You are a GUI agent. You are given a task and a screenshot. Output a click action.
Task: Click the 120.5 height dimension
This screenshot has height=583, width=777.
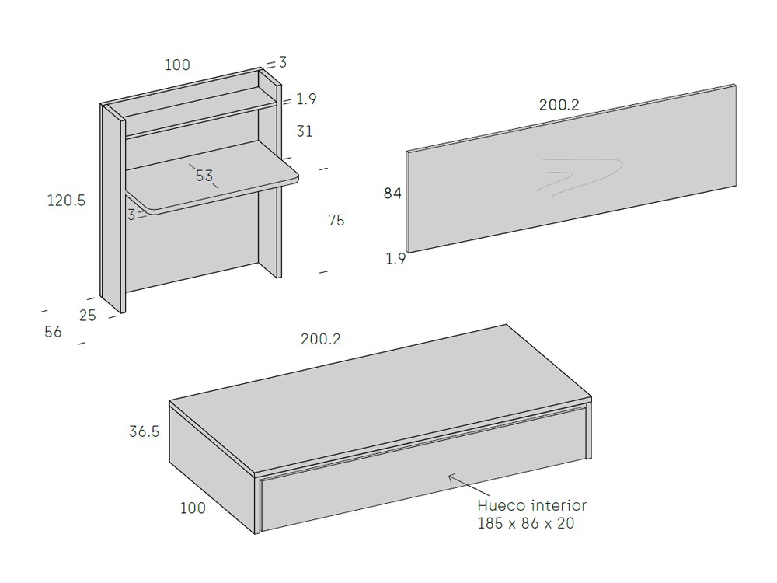66,201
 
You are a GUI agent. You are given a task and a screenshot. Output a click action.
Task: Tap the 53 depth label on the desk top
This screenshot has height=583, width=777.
204,176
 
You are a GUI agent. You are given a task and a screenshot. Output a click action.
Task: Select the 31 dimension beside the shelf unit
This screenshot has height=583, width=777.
305,131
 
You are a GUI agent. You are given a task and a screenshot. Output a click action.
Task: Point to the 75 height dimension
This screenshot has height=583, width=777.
336,220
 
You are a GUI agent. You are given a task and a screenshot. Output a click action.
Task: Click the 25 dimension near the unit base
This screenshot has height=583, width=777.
88,316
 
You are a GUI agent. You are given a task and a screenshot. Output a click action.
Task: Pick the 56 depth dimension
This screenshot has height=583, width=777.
53,332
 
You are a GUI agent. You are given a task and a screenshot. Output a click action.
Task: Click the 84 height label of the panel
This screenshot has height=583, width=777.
392,194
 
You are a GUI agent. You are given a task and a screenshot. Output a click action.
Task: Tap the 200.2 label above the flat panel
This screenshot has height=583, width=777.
559,105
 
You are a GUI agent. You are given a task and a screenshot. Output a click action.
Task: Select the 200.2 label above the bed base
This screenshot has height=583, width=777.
321,339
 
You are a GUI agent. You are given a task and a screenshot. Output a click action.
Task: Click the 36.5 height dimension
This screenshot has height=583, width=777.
145,431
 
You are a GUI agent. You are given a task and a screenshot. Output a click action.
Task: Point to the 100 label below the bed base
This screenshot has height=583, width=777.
193,508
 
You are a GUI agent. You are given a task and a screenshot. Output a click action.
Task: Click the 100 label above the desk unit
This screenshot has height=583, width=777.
177,65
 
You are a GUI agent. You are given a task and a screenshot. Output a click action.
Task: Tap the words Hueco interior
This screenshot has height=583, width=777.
531,505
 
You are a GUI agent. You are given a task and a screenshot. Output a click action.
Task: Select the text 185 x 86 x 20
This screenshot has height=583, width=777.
526,523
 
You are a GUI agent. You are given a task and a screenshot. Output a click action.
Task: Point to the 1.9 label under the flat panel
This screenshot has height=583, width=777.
396,258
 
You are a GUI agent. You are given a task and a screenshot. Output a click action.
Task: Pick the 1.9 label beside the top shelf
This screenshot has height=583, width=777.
306,99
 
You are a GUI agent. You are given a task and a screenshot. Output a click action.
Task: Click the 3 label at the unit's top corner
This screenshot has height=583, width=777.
283,62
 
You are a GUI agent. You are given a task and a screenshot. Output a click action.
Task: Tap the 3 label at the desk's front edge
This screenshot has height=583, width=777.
131,215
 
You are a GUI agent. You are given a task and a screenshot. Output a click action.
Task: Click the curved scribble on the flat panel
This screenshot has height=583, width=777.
580,176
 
